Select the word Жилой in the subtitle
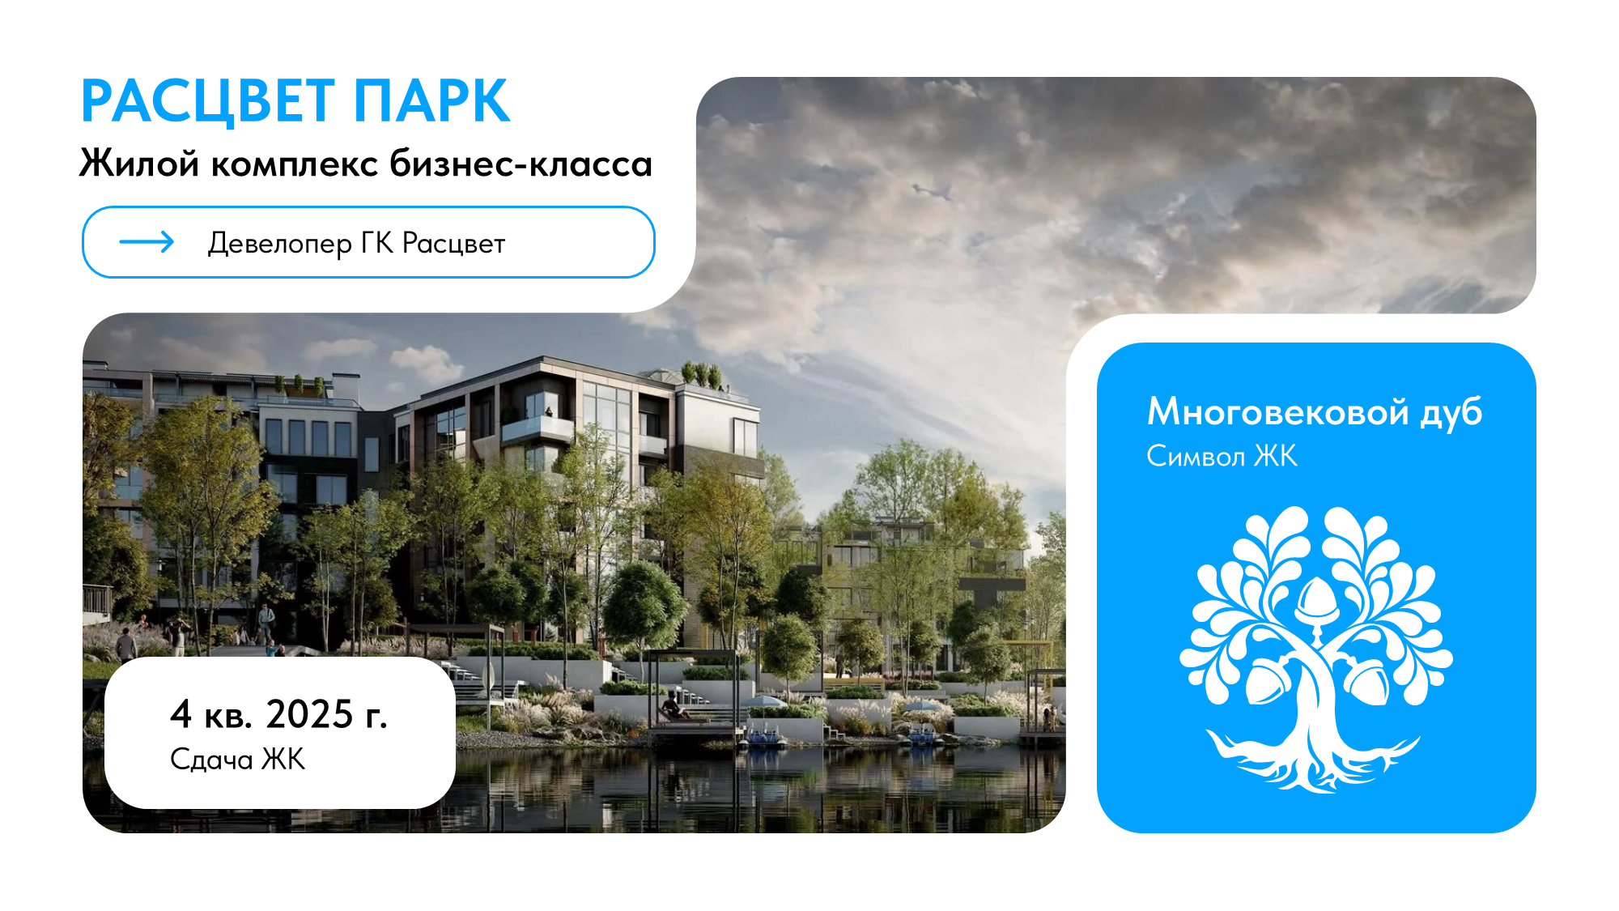coord(139,164)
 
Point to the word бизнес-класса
coord(521,164)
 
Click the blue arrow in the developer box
coord(147,242)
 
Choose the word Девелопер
coord(279,244)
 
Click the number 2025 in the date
coord(309,714)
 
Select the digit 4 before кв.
coord(181,714)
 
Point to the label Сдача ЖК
coord(237,760)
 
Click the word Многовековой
coord(1278,412)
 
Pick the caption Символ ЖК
coord(1222,457)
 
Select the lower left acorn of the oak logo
coord(1267,681)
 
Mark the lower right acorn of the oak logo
coord(1368,681)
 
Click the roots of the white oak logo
coord(1311,761)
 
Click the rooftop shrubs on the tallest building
coord(703,374)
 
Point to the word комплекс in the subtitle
coord(295,164)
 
